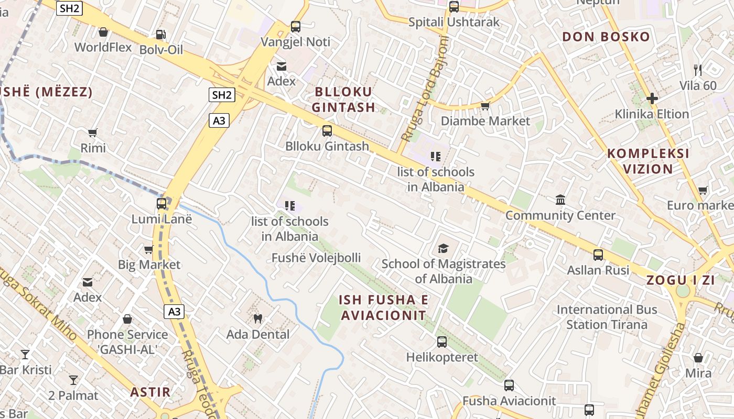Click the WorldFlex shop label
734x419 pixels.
tap(103, 47)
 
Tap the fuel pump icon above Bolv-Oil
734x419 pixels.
tap(161, 35)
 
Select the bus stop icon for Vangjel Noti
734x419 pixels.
tap(296, 26)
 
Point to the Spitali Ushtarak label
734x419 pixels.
tap(454, 23)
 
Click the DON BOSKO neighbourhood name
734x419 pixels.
tap(606, 37)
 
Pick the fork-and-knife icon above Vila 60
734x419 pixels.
tap(698, 70)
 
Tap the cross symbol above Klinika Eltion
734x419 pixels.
tap(652, 98)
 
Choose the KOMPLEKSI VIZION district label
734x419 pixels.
tap(648, 161)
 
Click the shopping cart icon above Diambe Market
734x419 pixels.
tap(485, 106)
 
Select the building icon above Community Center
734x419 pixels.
tap(560, 200)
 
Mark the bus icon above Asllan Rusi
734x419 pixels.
tap(598, 255)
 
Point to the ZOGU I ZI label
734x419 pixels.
tap(681, 280)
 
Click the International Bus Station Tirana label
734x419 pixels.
tap(607, 317)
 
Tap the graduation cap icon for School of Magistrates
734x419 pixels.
tap(444, 248)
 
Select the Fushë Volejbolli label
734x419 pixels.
tap(316, 258)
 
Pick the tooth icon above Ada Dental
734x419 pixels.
tap(257, 318)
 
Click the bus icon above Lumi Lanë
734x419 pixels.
tap(161, 204)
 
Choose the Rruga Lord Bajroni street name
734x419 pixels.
tap(425, 90)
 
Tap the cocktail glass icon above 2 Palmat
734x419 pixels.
tap(73, 380)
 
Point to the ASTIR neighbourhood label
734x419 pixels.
tap(150, 392)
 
